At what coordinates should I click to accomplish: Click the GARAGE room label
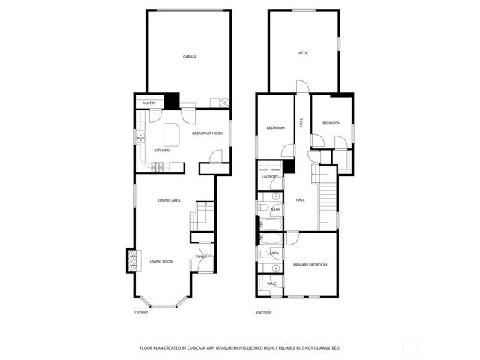[190, 57]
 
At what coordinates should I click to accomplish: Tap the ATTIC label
[304, 53]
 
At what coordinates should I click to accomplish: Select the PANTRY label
[148, 103]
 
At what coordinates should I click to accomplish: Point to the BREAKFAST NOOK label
[207, 133]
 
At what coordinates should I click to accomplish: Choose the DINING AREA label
[169, 200]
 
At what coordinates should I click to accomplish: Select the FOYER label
[201, 256]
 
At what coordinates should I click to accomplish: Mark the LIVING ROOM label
[161, 261]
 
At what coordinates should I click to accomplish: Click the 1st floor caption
[141, 311]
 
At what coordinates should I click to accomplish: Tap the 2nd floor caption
[263, 311]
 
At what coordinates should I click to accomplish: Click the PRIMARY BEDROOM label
[310, 265]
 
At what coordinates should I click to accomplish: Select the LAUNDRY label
[270, 177]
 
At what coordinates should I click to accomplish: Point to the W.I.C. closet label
[271, 284]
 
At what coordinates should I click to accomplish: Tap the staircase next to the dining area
[201, 217]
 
